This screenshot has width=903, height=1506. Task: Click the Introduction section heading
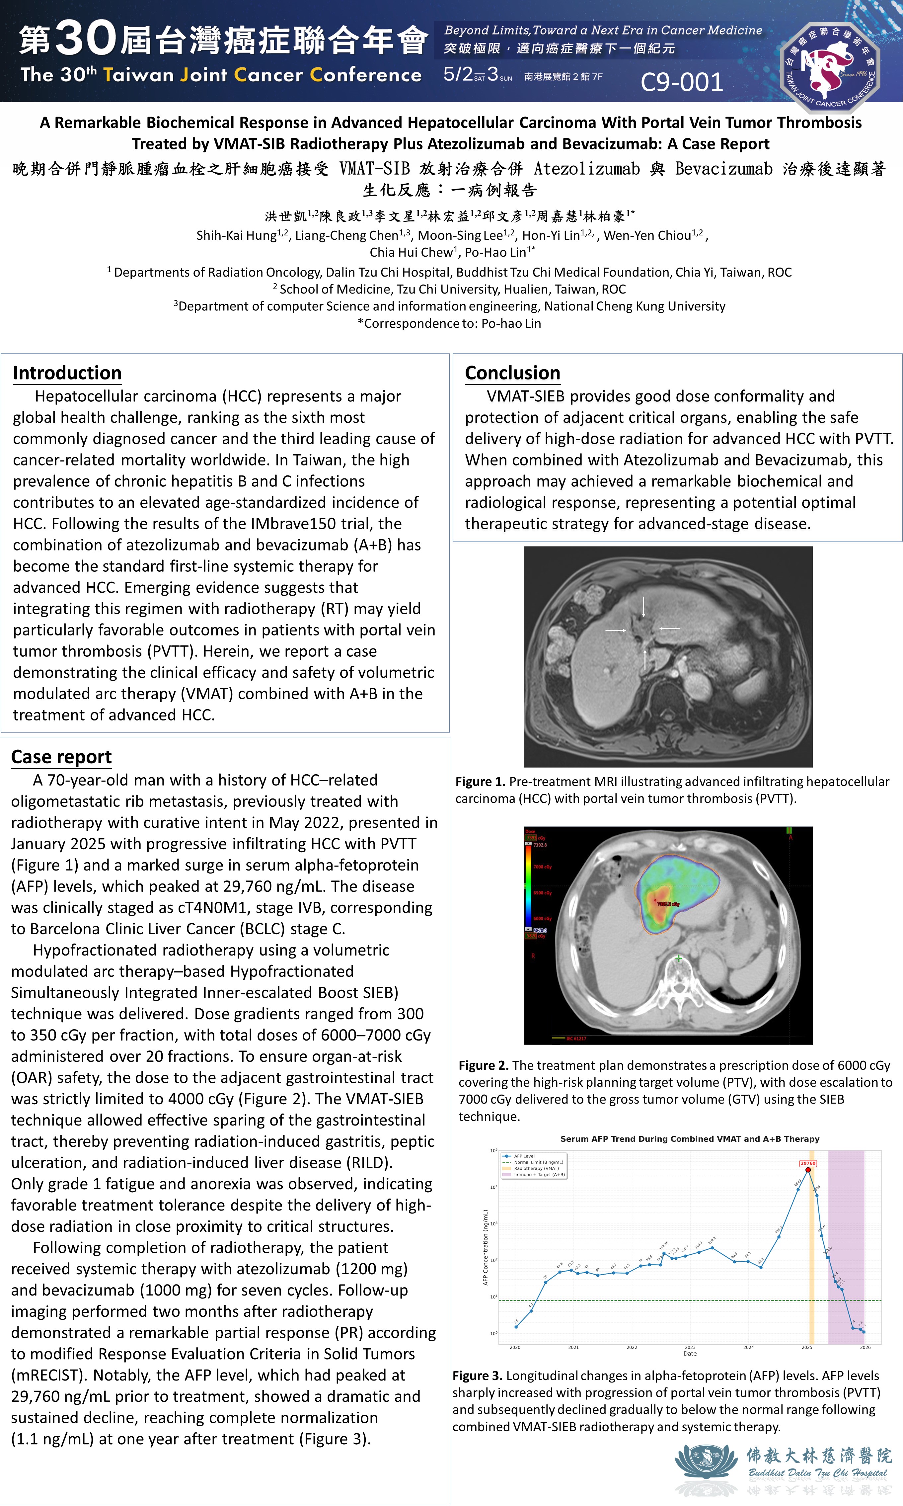[x=67, y=373]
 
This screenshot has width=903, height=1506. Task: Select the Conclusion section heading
[x=512, y=373]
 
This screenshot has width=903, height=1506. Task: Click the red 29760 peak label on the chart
[x=807, y=1163]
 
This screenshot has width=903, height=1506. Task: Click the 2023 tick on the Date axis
[x=690, y=1347]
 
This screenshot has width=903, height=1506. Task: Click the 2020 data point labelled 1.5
[x=516, y=1326]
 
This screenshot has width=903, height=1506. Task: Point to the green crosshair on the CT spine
[x=678, y=959]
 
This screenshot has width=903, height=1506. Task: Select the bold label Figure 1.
[x=480, y=782]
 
